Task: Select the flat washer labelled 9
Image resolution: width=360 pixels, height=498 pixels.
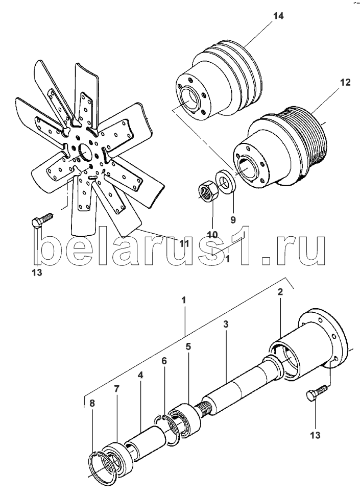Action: point(226,182)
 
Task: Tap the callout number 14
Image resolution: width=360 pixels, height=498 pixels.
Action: point(278,16)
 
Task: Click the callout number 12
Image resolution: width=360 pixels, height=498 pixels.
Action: point(345,83)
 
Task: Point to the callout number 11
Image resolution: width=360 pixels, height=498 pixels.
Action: point(184,243)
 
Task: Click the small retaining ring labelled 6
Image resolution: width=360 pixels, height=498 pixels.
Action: point(170,430)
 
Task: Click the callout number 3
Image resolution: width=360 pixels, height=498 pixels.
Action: point(226,325)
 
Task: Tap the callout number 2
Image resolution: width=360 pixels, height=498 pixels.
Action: point(280,292)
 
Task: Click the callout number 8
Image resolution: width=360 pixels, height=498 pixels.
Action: point(92,404)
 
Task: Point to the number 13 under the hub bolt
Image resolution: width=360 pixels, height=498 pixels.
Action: point(316,435)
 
